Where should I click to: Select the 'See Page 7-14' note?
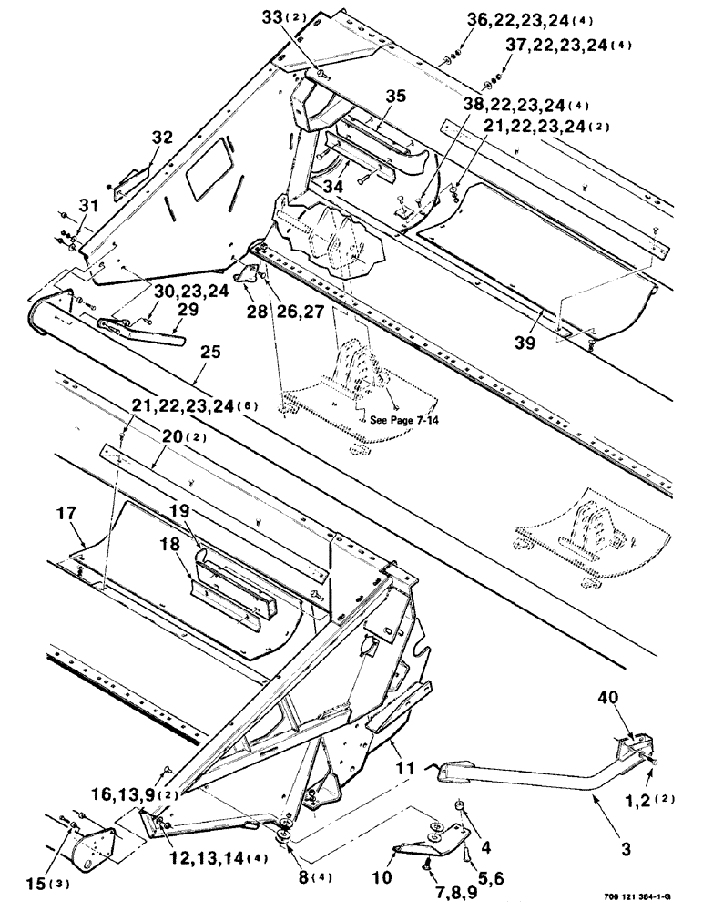coord(401,421)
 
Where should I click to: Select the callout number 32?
coord(161,138)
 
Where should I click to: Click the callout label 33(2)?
coord(303,16)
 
